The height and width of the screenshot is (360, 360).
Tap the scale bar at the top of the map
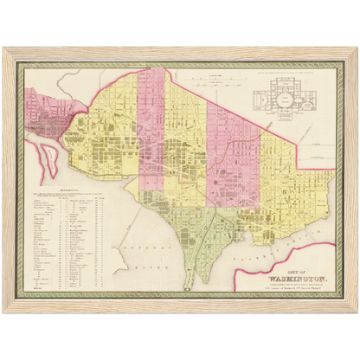[x=210, y=80]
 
